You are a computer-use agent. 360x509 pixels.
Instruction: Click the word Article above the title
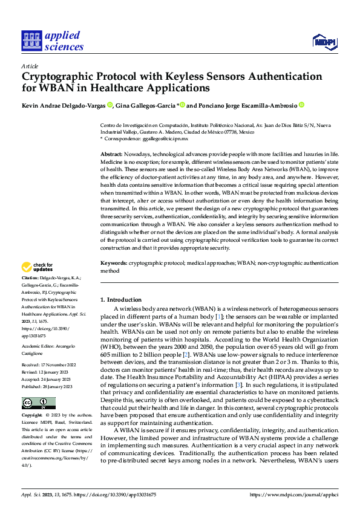(30, 66)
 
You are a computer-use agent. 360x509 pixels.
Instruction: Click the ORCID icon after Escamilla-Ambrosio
(302, 105)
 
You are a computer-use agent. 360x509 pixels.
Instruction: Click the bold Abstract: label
(113, 155)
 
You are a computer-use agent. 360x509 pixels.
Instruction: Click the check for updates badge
(37, 267)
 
